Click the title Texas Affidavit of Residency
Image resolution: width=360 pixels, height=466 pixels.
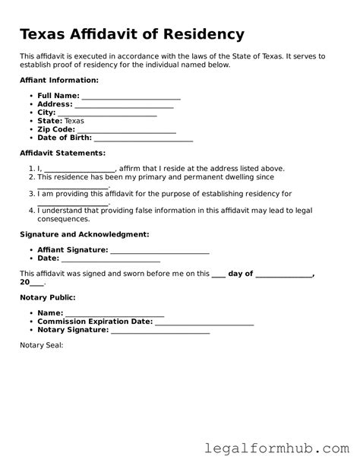[x=132, y=34]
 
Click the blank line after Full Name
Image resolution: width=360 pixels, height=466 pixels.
[x=131, y=97]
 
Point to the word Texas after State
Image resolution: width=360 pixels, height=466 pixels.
[x=74, y=121]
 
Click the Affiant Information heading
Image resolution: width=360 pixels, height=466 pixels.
[x=59, y=80]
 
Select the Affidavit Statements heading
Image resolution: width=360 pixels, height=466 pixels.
[x=62, y=153]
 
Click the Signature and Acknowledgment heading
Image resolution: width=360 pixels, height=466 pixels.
[x=84, y=234]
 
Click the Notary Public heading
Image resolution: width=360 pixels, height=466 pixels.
[x=47, y=297]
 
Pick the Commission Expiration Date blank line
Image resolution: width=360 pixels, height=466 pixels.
[x=204, y=322]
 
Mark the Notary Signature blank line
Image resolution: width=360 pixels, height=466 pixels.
[x=160, y=330]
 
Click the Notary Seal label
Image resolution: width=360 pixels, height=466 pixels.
[x=41, y=345]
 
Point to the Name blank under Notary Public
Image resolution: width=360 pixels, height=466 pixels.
[x=115, y=313]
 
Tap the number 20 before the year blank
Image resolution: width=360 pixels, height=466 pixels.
[x=25, y=282]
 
